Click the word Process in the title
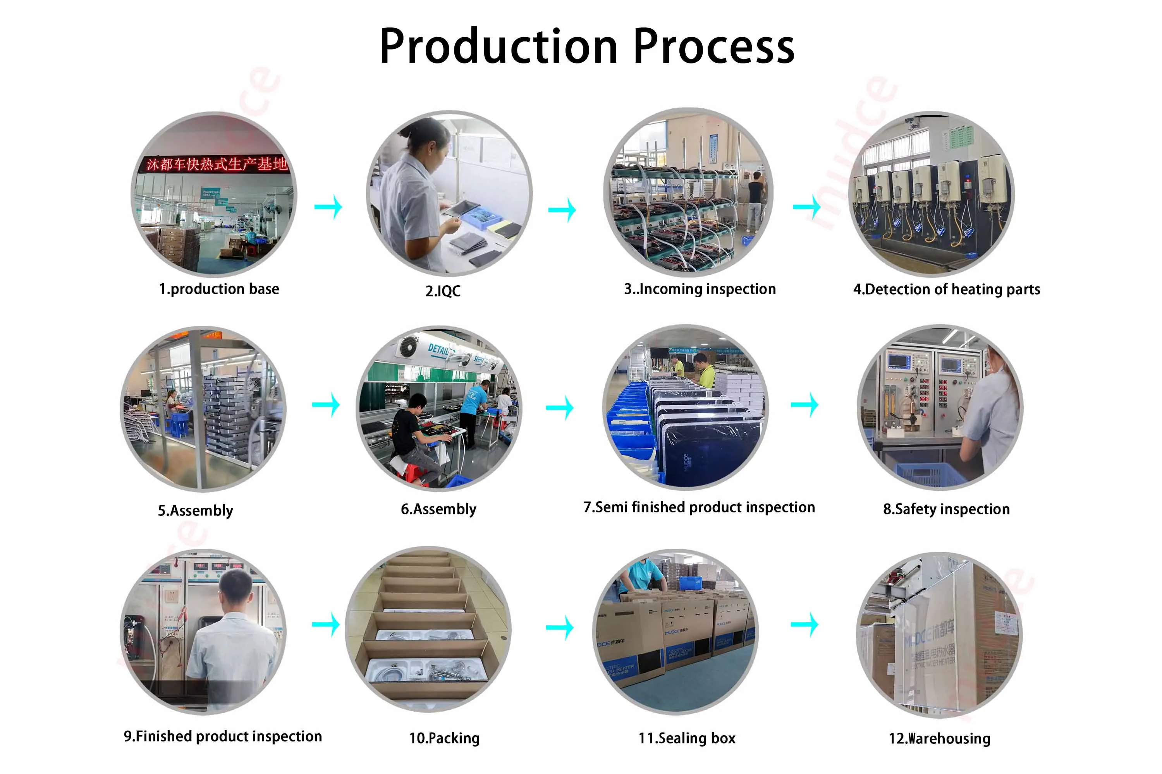(713, 47)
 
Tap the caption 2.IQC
(443, 291)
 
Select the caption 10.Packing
(444, 738)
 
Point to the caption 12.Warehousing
(939, 738)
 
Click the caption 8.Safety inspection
(946, 509)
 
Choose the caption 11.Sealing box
(687, 738)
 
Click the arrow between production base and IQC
(328, 206)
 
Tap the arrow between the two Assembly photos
(326, 405)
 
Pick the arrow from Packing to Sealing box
(560, 627)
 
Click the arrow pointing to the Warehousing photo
(804, 625)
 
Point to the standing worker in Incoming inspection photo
(755, 200)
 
